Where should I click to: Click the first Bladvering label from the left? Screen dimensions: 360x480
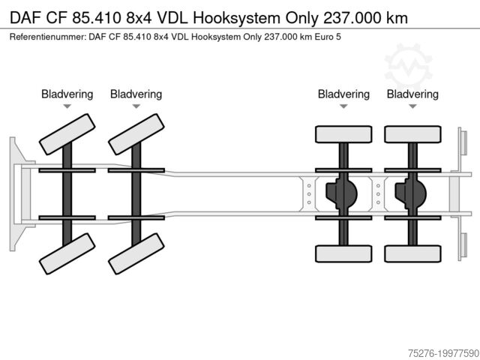coord(67,94)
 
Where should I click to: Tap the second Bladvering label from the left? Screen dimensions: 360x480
coord(136,94)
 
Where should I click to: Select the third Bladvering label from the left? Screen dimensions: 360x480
coord(343,94)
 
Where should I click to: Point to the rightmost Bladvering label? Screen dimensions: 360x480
coord(412,94)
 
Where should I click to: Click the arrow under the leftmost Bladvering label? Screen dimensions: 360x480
coord(67,107)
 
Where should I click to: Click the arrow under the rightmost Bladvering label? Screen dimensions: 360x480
coord(412,107)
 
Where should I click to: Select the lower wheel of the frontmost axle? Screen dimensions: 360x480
coord(67,253)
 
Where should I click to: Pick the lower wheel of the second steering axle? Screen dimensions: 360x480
coord(136,253)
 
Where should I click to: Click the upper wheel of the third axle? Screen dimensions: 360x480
coord(343,134)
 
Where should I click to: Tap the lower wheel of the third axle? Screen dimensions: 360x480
coord(343,253)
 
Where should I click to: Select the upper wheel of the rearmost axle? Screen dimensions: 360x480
coord(412,134)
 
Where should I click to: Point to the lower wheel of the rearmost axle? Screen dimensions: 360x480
coord(412,253)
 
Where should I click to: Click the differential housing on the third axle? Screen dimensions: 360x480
coord(341,193)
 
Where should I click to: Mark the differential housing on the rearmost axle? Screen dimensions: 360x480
coord(410,193)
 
